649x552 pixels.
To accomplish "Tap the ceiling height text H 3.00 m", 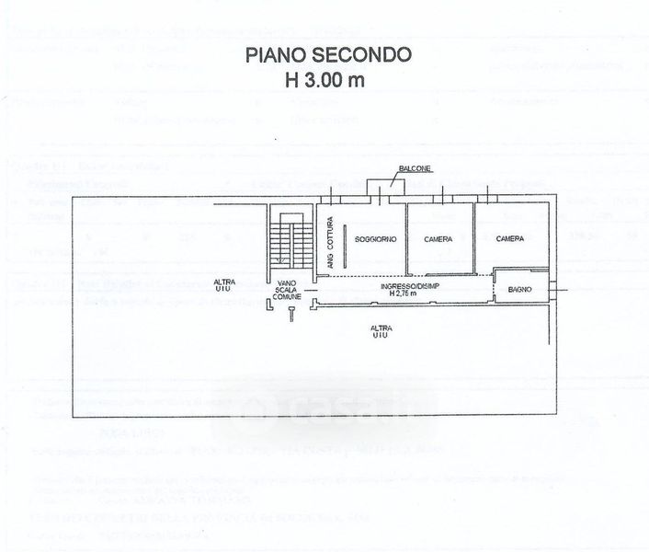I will pos(324,79).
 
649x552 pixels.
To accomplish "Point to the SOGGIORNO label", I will pos(366,238).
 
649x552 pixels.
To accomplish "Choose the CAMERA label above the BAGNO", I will pos(510,238).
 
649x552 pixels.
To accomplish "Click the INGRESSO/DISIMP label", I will pos(402,286).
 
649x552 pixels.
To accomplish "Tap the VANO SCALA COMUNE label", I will pos(288,290).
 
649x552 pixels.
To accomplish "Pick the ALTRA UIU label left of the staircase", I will pos(222,284).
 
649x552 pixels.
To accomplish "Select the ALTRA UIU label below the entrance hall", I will pos(379,332).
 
